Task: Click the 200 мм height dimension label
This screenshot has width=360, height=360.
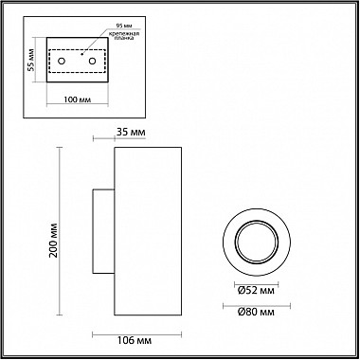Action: click(x=54, y=240)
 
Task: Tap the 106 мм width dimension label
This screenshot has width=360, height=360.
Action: click(x=135, y=341)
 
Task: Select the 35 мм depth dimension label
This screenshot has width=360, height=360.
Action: click(x=131, y=133)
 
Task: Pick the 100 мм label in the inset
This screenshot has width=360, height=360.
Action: click(x=77, y=99)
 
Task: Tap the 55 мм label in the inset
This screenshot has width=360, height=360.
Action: click(x=30, y=60)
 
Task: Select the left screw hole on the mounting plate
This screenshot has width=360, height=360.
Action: click(x=62, y=61)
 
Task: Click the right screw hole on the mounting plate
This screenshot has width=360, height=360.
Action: click(x=92, y=61)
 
